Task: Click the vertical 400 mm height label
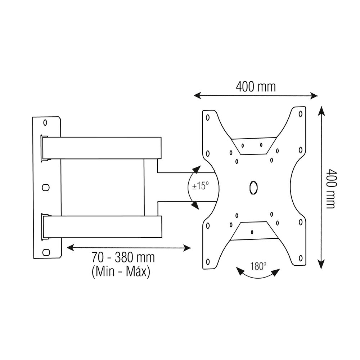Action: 330,189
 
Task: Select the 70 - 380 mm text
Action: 123,258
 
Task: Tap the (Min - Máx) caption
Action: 121,271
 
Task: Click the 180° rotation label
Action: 258,267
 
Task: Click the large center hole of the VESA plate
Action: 253,188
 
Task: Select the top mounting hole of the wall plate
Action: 45,123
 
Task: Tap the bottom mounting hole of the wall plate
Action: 45,252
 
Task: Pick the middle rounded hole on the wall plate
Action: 45,187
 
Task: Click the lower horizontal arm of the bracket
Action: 103,226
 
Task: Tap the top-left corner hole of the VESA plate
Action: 207,117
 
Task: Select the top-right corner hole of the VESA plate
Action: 300,114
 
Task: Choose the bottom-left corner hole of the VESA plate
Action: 207,261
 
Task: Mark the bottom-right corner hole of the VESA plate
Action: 300,258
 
